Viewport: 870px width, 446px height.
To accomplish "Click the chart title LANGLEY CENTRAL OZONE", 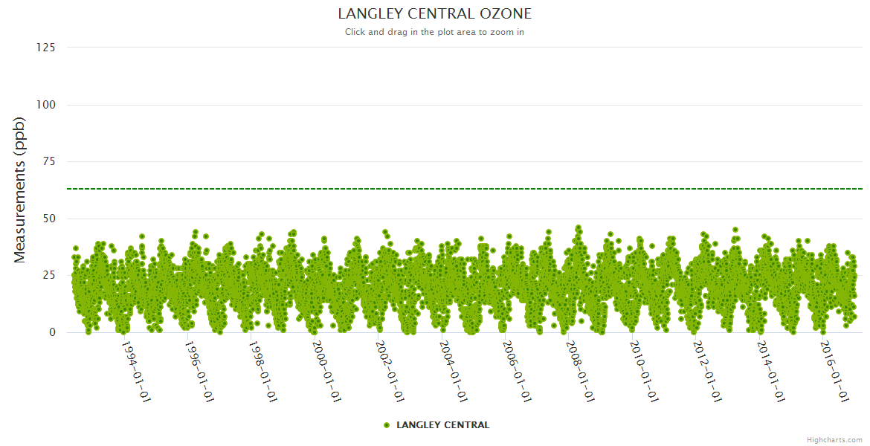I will pos(434,14).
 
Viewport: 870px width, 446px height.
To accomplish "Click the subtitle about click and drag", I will pos(434,32).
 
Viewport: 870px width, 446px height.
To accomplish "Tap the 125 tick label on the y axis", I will pos(45,48).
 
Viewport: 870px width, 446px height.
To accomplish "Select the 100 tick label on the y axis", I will pos(45,105).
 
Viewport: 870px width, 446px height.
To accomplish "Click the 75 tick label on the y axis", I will pos(48,161).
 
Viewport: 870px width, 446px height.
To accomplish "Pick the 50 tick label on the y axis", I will pos(48,219).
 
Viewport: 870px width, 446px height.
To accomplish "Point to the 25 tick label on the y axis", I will pos(48,275).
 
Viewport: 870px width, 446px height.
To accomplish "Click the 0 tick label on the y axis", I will pos(52,332).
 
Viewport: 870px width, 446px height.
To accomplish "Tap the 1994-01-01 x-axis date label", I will pos(135,371).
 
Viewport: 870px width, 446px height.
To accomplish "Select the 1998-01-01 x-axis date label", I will pos(262,371).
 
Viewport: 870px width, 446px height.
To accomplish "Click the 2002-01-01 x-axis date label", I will pos(388,371).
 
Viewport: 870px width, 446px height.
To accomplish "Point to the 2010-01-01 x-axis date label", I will pos(642,371).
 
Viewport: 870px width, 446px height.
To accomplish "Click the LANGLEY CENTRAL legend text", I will pos(442,425).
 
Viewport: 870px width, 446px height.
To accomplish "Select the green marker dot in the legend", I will pos(386,425).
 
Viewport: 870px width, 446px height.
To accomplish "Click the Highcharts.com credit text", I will pos(834,439).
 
